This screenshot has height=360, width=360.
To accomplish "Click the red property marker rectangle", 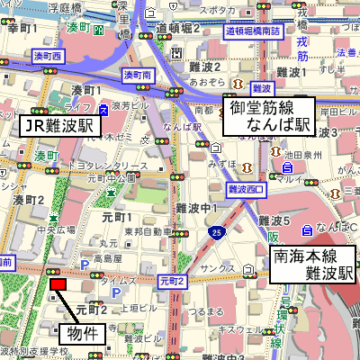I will coord(58,284).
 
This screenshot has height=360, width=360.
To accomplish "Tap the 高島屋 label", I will coord(107,257).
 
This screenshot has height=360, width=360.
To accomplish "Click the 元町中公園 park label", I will coord(110,178).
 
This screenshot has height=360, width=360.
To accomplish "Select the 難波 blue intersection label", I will coord(261,88).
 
